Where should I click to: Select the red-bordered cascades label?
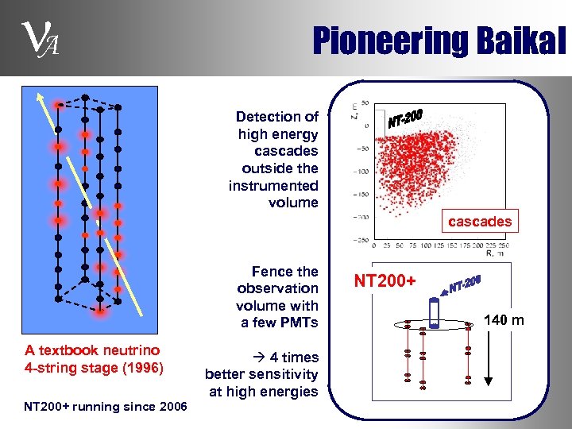point(479,222)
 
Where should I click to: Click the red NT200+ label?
point(385,280)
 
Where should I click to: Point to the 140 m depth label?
point(504,320)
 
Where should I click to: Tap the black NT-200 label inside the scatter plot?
point(405,118)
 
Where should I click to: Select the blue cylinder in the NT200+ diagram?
point(434,314)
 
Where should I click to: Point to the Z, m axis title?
point(353,114)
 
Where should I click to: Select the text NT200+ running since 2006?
point(106,407)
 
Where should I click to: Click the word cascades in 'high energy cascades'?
point(286,151)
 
